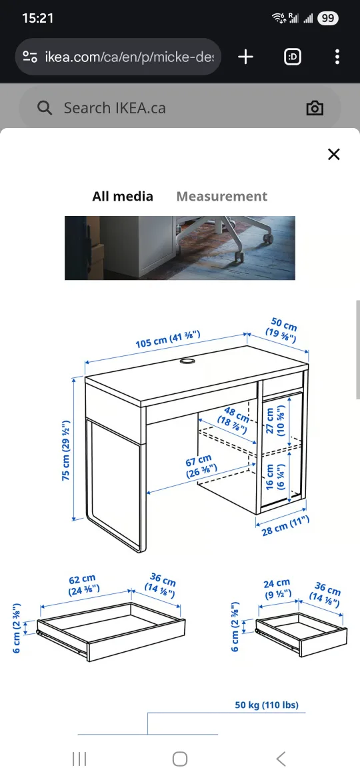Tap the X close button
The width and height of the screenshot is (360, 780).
click(333, 155)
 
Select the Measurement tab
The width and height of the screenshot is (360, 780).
click(221, 196)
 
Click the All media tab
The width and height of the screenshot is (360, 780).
click(123, 196)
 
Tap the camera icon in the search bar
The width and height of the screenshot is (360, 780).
click(315, 108)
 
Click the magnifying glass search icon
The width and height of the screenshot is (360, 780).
click(45, 108)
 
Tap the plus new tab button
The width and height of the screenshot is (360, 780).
click(246, 57)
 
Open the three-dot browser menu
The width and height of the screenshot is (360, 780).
click(337, 57)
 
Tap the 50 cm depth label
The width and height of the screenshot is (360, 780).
click(283, 331)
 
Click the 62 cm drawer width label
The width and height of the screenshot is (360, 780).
click(83, 584)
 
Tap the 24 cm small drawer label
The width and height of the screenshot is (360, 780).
click(277, 587)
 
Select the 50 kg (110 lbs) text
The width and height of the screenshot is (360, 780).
click(266, 705)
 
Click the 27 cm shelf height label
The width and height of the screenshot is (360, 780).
click(274, 419)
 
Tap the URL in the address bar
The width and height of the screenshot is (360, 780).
click(129, 57)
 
